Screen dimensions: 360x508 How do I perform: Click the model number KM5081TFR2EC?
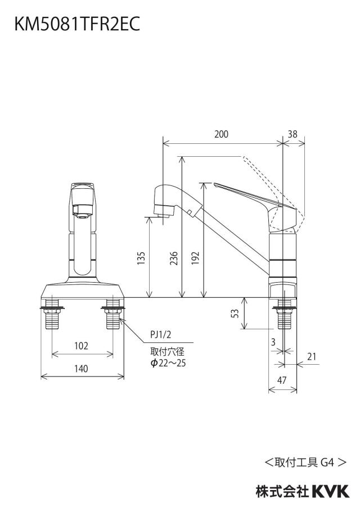pyautogui.click(x=77, y=24)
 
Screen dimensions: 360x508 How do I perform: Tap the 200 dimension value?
pyautogui.click(x=221, y=134)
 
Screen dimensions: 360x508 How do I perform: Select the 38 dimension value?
pyautogui.click(x=292, y=134)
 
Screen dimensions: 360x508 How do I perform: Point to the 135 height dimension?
pyautogui.click(x=141, y=258)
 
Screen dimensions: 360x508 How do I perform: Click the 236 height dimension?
pyautogui.click(x=174, y=258)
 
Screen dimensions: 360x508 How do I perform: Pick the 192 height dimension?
pyautogui.click(x=195, y=258)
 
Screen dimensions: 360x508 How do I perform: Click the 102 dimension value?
pyautogui.click(x=81, y=346)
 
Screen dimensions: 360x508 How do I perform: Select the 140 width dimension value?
pyautogui.click(x=81, y=369)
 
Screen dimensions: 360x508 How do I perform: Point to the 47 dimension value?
pyautogui.click(x=282, y=380)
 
